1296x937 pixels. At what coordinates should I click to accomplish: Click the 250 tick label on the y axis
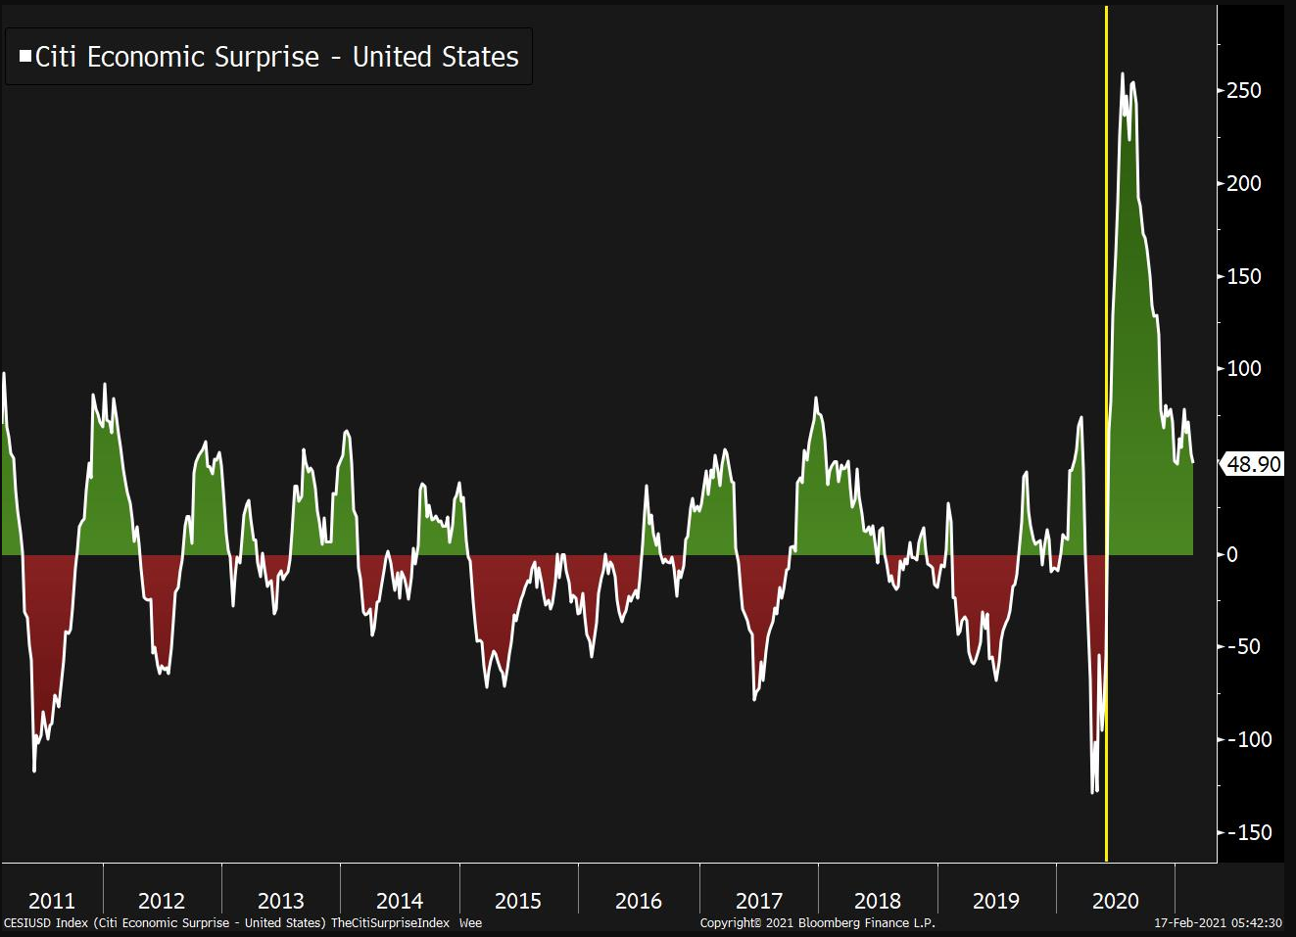tap(1244, 90)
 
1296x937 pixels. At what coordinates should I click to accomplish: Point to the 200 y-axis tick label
tap(1244, 183)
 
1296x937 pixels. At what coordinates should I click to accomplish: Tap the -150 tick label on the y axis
tap(1249, 832)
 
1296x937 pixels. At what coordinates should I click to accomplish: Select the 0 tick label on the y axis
tap(1232, 554)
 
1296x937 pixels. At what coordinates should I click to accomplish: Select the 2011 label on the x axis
tap(52, 901)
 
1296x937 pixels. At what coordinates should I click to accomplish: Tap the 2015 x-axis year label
tap(518, 901)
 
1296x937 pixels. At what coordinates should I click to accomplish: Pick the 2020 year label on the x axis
tap(1116, 901)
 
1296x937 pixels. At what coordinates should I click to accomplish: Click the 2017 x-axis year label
tap(759, 901)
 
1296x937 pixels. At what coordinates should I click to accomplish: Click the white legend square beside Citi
tap(25, 57)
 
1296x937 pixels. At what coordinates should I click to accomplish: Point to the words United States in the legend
tap(435, 57)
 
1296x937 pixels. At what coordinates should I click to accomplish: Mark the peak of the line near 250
tap(1123, 74)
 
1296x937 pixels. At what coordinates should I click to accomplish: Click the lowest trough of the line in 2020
tap(1093, 792)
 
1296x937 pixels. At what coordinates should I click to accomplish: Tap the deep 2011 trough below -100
tap(34, 771)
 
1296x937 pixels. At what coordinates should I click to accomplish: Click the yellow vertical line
tap(1107, 294)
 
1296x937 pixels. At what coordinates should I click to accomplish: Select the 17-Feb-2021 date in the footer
tap(1186, 922)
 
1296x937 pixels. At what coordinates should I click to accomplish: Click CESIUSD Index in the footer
tap(45, 922)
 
